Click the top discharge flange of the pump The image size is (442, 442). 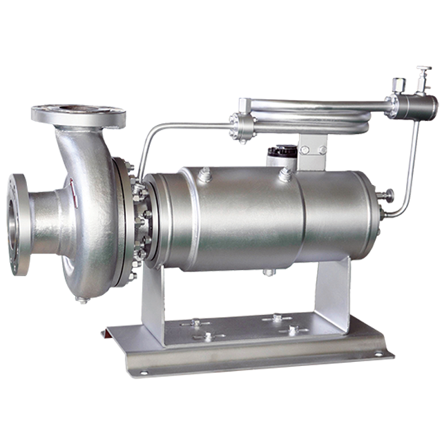(77, 113)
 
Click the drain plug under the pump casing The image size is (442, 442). (82, 298)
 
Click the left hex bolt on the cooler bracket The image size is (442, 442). (305, 150)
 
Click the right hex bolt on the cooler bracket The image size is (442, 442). (322, 150)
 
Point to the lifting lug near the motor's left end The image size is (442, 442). (204, 177)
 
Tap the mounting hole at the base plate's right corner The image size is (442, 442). (378, 353)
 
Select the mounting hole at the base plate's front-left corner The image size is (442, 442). (144, 372)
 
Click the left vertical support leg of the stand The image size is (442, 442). (153, 304)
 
